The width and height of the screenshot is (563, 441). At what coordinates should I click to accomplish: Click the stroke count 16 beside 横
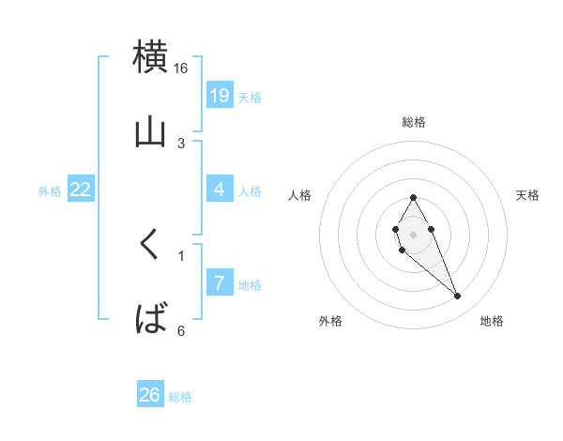181,68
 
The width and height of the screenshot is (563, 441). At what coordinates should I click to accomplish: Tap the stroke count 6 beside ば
181,330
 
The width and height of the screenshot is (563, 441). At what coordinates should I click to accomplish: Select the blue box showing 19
220,95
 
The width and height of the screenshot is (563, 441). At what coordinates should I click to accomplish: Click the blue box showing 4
220,190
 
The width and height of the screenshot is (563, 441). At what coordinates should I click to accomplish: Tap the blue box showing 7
220,282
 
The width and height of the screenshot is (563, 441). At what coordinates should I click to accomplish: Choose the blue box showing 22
81,190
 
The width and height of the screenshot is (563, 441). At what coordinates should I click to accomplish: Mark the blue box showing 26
150,395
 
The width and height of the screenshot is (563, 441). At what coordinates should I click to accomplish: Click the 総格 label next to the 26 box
180,397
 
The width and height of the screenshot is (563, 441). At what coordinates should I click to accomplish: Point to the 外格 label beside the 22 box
50,191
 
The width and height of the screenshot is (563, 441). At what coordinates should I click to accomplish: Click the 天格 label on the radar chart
527,195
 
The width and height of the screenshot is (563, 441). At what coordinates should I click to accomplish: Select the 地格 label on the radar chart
492,321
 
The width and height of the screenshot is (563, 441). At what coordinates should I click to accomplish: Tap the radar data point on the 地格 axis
458,297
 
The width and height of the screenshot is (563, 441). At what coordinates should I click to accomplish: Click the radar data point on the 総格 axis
413,197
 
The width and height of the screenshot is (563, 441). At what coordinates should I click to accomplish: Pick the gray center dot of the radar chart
413,234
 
